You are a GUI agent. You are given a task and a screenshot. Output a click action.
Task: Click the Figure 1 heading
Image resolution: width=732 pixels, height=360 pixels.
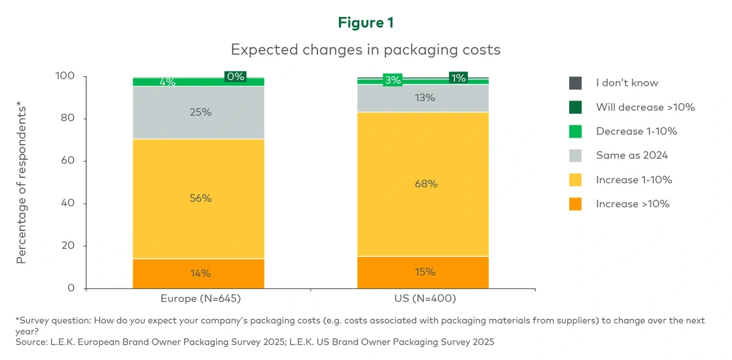[365, 23]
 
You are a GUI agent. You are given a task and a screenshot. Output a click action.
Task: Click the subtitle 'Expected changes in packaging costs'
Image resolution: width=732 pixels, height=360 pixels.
[365, 50]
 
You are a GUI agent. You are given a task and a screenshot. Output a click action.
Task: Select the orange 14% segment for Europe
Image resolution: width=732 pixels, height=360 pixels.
[198, 274]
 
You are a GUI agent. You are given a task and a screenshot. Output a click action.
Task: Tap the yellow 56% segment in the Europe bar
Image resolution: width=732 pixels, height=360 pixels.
[198, 198]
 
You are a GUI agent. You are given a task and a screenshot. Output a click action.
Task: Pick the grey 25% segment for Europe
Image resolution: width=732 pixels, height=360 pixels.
[198, 112]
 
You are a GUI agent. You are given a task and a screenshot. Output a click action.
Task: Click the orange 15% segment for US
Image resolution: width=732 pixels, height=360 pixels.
[422, 272]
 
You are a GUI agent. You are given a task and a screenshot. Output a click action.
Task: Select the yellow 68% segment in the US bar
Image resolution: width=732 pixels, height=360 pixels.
[422, 184]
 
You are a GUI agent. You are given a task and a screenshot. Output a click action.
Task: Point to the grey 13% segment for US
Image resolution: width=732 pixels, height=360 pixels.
[422, 98]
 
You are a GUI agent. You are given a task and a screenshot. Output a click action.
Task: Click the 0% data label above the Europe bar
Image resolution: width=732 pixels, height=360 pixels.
[235, 77]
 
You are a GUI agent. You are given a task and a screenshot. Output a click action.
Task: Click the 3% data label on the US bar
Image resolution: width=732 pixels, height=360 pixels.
[392, 80]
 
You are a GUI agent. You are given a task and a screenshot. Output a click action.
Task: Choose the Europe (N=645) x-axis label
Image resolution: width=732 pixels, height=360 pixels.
[198, 299]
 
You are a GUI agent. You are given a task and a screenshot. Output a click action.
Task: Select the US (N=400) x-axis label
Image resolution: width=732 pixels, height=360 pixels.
[422, 299]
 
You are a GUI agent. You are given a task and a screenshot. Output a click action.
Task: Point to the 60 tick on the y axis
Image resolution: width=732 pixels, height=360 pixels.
[67, 161]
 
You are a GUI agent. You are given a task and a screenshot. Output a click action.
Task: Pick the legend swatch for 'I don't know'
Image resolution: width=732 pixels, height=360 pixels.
[575, 83]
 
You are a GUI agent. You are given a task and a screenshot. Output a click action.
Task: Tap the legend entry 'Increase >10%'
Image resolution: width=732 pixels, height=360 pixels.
[632, 204]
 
